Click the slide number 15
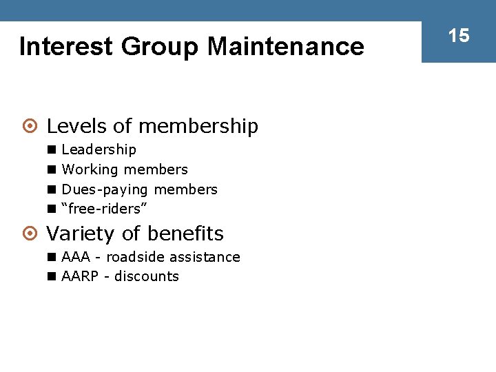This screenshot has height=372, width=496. pos(459,36)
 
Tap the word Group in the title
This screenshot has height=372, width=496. pos(160,47)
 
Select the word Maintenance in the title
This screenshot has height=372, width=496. pos(285,47)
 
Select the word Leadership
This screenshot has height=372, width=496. pos(99,149)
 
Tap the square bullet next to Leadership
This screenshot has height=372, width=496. pos(52,149)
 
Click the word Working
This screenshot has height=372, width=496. pos(90,169)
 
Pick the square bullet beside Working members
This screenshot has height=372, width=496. pos(52,169)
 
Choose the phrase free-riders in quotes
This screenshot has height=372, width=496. pos(105,209)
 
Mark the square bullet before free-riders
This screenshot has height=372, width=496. pos(52,209)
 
